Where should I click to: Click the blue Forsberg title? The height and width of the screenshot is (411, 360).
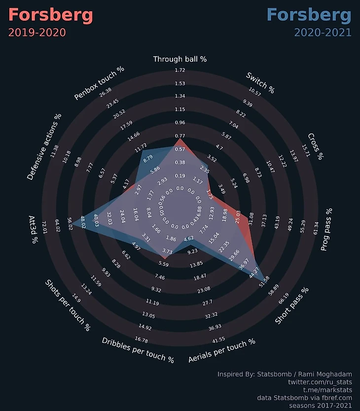click(x=309, y=15)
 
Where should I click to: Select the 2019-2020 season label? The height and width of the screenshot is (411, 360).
click(x=37, y=33)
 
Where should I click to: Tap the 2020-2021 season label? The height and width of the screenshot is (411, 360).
click(x=323, y=33)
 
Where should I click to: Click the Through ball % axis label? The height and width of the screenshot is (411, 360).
click(x=180, y=59)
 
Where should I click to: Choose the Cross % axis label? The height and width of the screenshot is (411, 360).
click(x=315, y=146)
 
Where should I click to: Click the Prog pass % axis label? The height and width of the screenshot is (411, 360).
click(x=326, y=230)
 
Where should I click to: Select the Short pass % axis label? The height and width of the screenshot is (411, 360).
click(x=291, y=306)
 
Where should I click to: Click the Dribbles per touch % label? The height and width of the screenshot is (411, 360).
click(x=138, y=350)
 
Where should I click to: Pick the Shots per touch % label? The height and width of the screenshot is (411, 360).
click(x=68, y=305)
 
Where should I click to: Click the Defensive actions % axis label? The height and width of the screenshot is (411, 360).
click(x=44, y=147)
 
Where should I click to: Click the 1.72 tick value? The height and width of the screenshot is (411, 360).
click(x=180, y=70)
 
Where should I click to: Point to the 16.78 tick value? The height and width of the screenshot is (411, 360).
click(x=142, y=340)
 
